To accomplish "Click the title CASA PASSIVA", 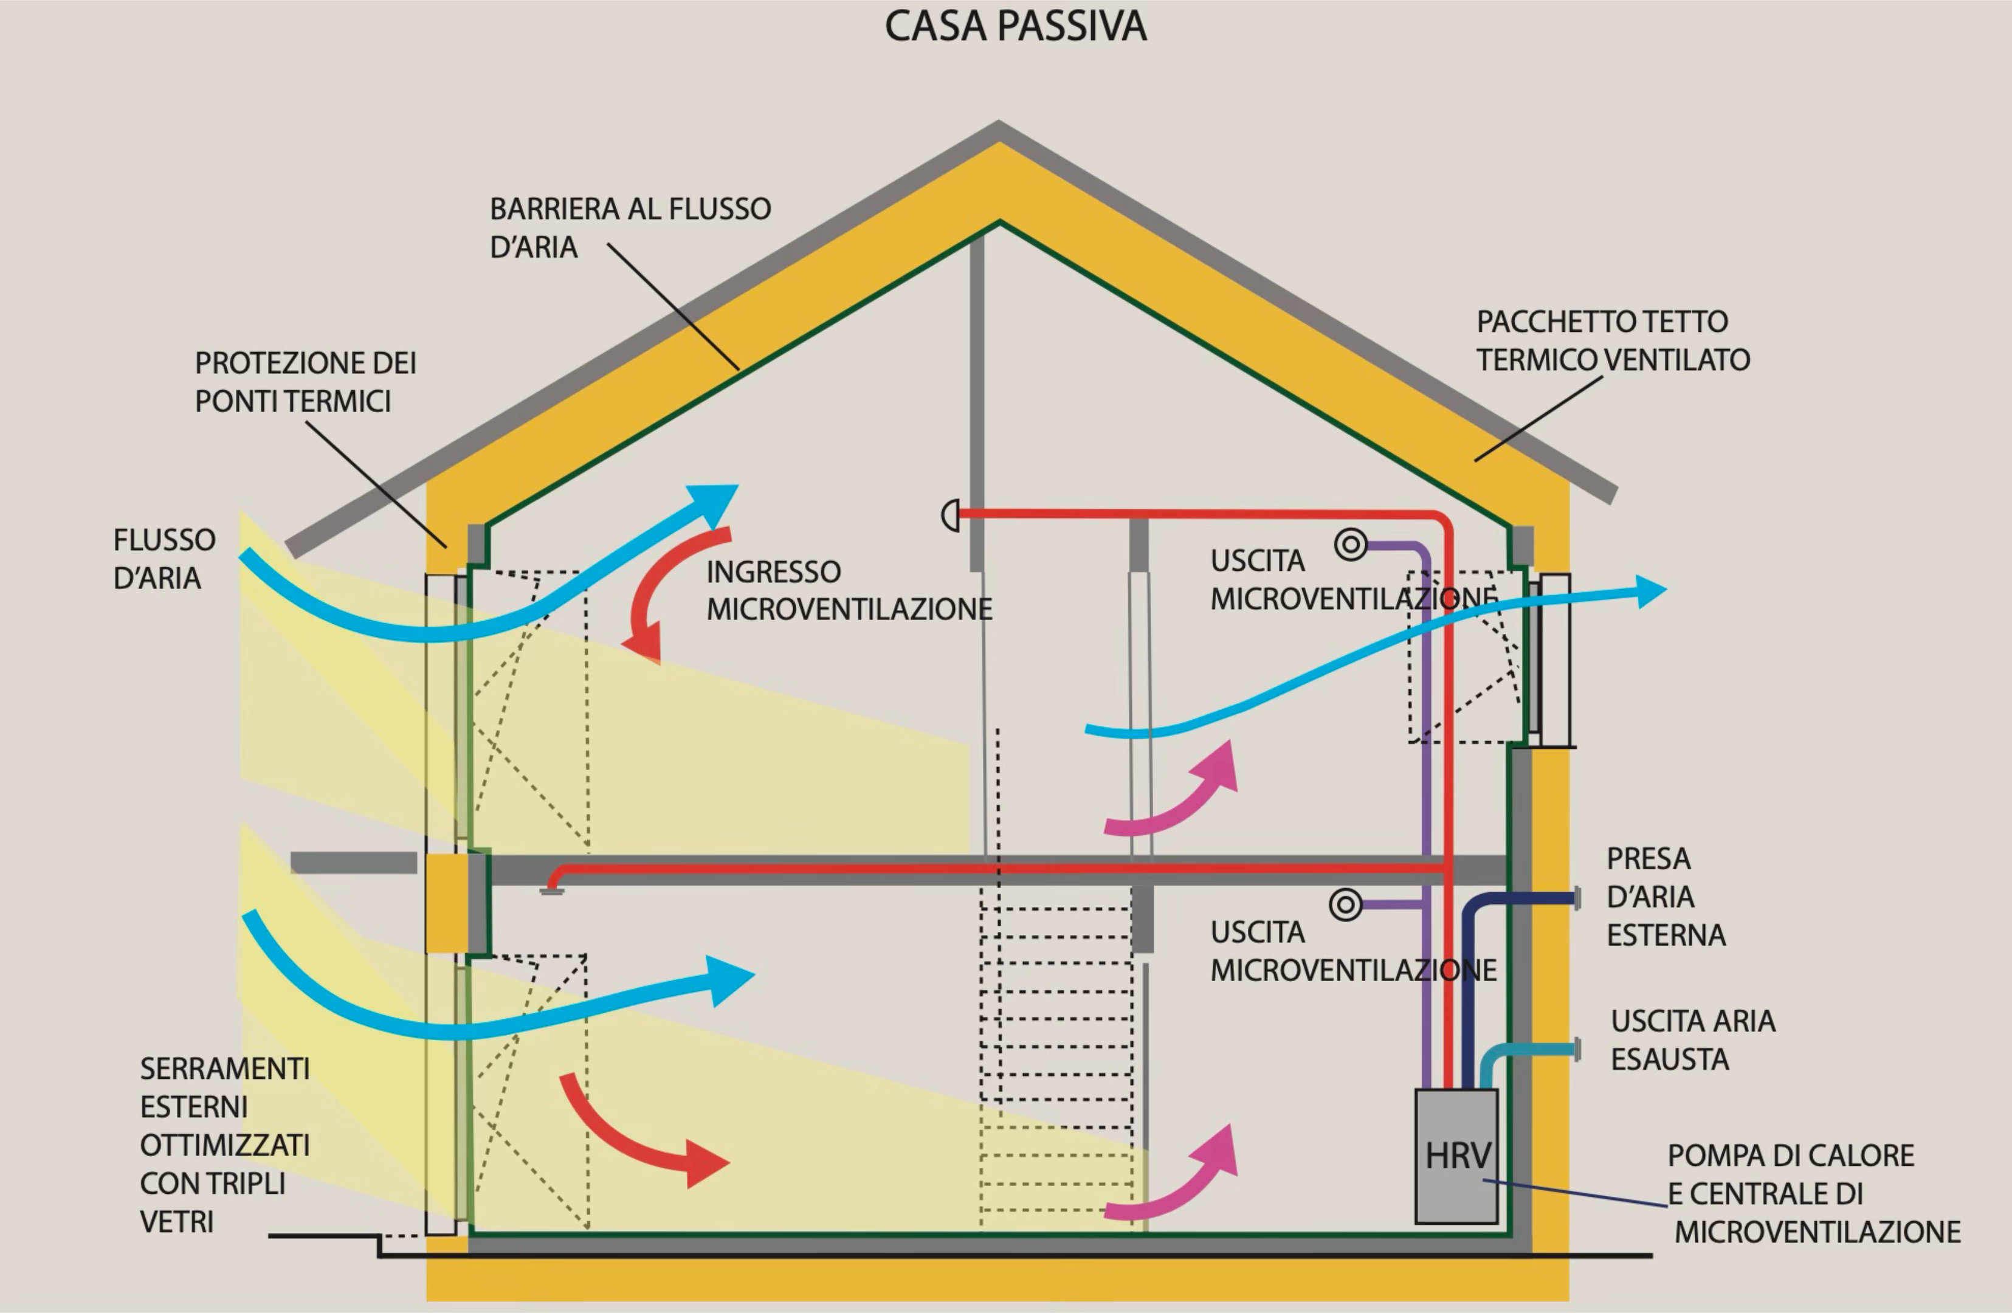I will click(x=1015, y=26).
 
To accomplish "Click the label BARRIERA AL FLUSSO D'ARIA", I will click(x=630, y=227).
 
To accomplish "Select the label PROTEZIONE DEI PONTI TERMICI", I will click(x=305, y=381).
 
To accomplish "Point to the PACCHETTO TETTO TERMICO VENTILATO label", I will click(x=1612, y=340).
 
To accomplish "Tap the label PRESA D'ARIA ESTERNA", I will click(x=1664, y=896).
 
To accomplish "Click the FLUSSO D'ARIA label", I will click(x=164, y=558).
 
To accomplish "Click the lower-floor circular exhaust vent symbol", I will click(x=1345, y=904).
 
